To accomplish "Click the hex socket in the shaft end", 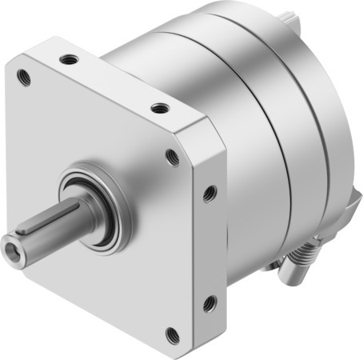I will [17, 241].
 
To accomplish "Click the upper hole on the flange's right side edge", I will [209, 193].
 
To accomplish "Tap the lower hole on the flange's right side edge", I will [209, 302].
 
